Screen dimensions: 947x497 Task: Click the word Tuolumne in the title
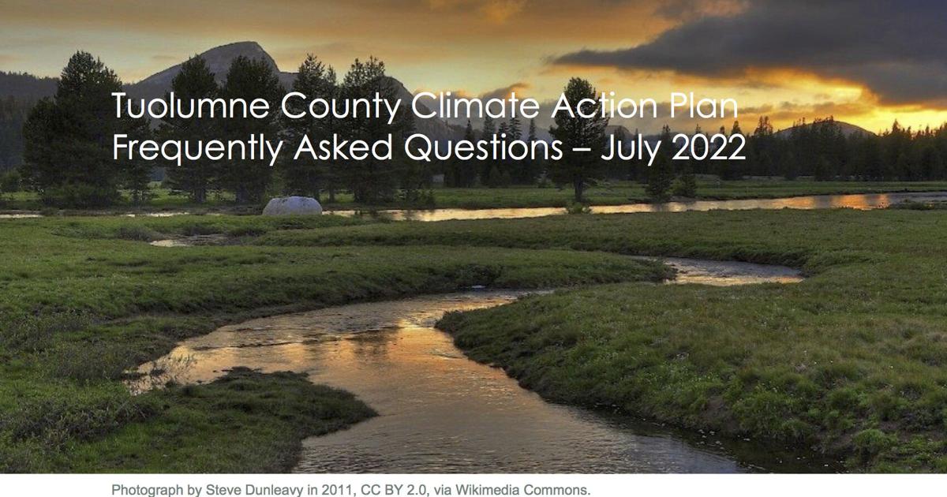(191, 106)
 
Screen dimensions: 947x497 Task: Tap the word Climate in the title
(475, 105)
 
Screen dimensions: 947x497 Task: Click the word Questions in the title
(483, 148)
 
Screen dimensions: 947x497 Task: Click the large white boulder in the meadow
(292, 206)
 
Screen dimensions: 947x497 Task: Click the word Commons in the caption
(557, 490)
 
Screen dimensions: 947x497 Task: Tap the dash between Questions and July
(582, 151)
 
